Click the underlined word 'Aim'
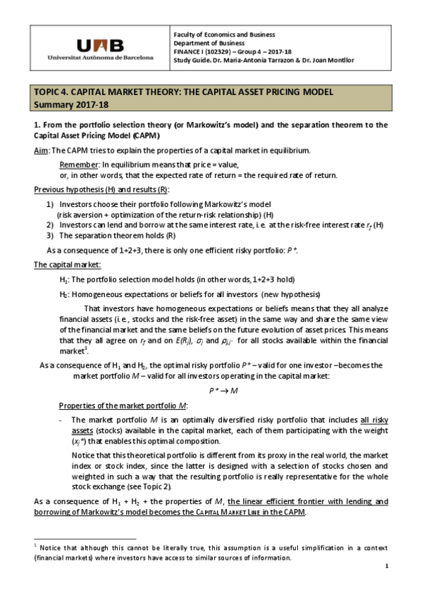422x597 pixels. point(41,151)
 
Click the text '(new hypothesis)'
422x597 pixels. point(290,294)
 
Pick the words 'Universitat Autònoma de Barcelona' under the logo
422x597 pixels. point(99,57)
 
